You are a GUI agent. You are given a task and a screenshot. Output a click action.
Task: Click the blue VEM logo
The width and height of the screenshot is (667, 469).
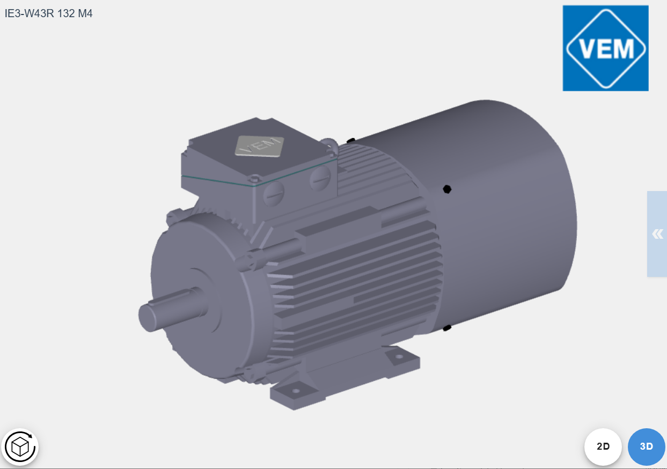pyautogui.click(x=605, y=48)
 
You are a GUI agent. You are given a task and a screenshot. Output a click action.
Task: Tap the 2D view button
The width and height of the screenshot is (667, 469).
pyautogui.click(x=603, y=446)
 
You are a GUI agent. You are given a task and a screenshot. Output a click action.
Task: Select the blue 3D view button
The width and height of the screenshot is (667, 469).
pyautogui.click(x=647, y=446)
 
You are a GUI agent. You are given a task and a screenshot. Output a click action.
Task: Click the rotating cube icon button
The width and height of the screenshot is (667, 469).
pyautogui.click(x=20, y=446)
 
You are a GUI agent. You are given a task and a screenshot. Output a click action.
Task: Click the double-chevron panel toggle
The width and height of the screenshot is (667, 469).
pyautogui.click(x=657, y=234)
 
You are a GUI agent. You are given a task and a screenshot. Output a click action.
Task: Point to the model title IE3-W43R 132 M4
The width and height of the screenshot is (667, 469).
pyautogui.click(x=48, y=13)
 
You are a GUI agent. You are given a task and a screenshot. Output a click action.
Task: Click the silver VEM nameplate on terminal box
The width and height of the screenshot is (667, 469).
pyautogui.click(x=259, y=146)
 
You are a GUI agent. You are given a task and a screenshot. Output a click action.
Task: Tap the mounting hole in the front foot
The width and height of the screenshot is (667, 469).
pyautogui.click(x=296, y=391)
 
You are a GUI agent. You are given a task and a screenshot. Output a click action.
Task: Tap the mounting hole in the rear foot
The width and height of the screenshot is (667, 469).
pyautogui.click(x=399, y=356)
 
